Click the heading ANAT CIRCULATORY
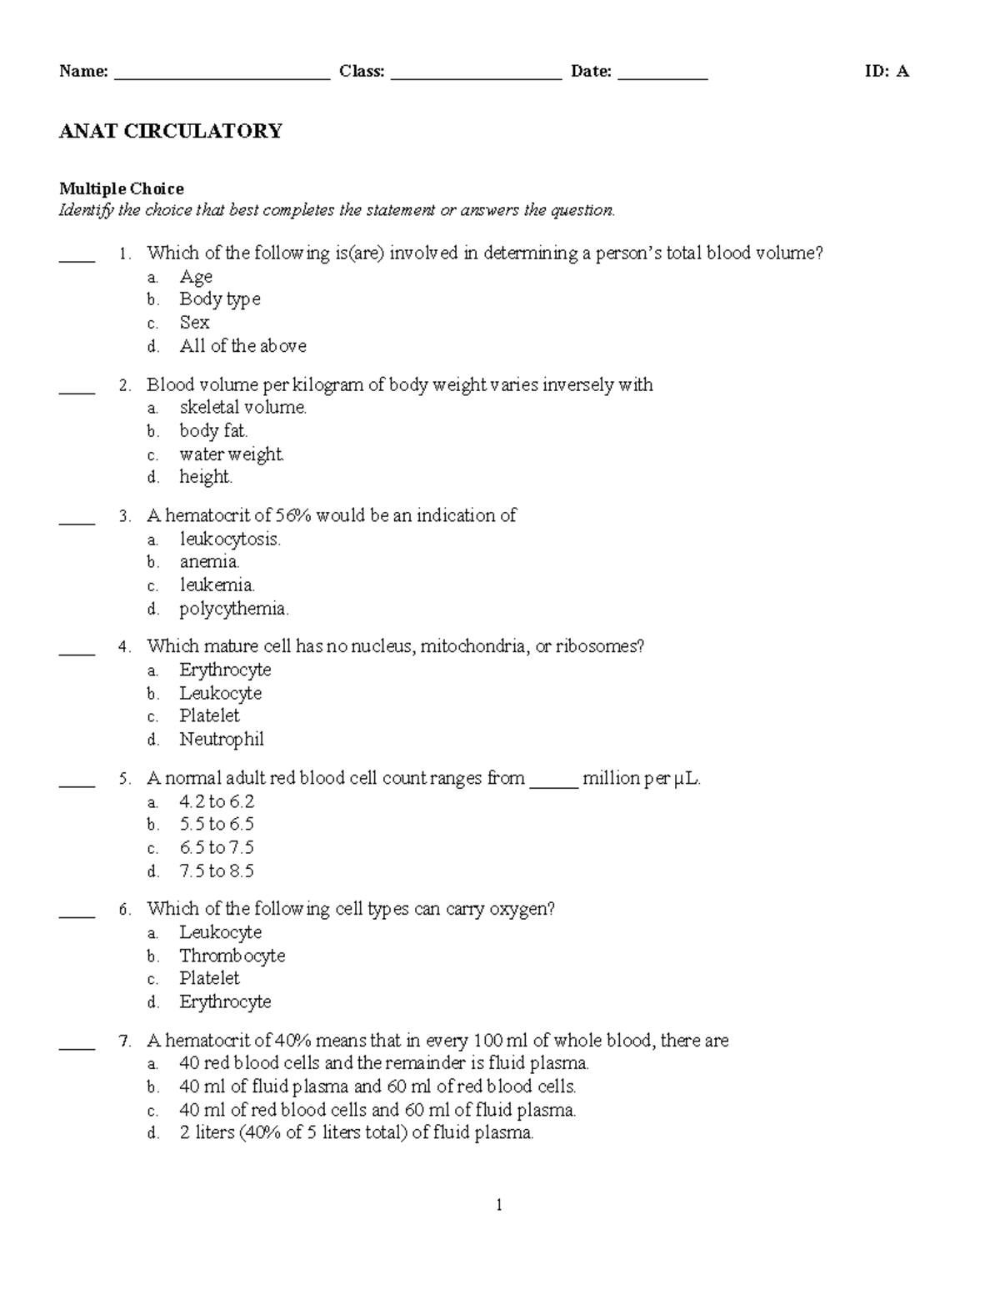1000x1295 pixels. click(170, 131)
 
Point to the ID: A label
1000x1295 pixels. click(886, 72)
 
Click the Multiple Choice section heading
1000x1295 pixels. click(121, 188)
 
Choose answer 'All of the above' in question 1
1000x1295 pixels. click(242, 345)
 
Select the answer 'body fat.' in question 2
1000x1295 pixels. click(213, 431)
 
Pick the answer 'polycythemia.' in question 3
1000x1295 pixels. click(234, 609)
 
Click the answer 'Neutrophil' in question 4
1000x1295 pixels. click(221, 739)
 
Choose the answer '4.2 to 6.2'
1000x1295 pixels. click(217, 801)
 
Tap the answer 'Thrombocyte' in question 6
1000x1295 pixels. click(232, 956)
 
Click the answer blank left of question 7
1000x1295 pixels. click(77, 1047)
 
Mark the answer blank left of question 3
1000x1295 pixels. click(77, 522)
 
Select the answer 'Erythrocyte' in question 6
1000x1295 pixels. click(225, 1001)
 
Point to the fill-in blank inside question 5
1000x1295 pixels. click(553, 785)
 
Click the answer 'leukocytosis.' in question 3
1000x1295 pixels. click(230, 540)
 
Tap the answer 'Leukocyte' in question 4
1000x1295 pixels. click(220, 693)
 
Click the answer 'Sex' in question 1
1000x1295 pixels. click(194, 323)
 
